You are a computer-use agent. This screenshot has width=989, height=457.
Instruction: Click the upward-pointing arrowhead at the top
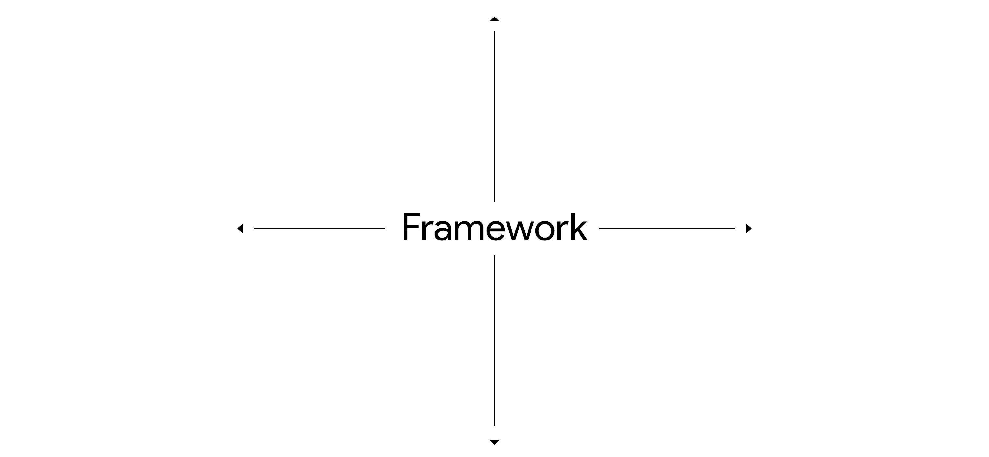[x=494, y=19]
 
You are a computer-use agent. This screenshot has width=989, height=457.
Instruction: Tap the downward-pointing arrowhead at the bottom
[x=494, y=442]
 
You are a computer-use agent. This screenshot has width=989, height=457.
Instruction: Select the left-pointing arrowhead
[x=241, y=229]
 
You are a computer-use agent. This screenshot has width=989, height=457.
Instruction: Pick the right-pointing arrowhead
[x=748, y=229]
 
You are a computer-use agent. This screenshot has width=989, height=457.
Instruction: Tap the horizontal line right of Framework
[x=666, y=229]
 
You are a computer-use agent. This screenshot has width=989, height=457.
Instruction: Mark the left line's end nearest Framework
[x=385, y=229]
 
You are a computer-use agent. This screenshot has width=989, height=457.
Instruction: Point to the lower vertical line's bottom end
[x=494, y=425]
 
